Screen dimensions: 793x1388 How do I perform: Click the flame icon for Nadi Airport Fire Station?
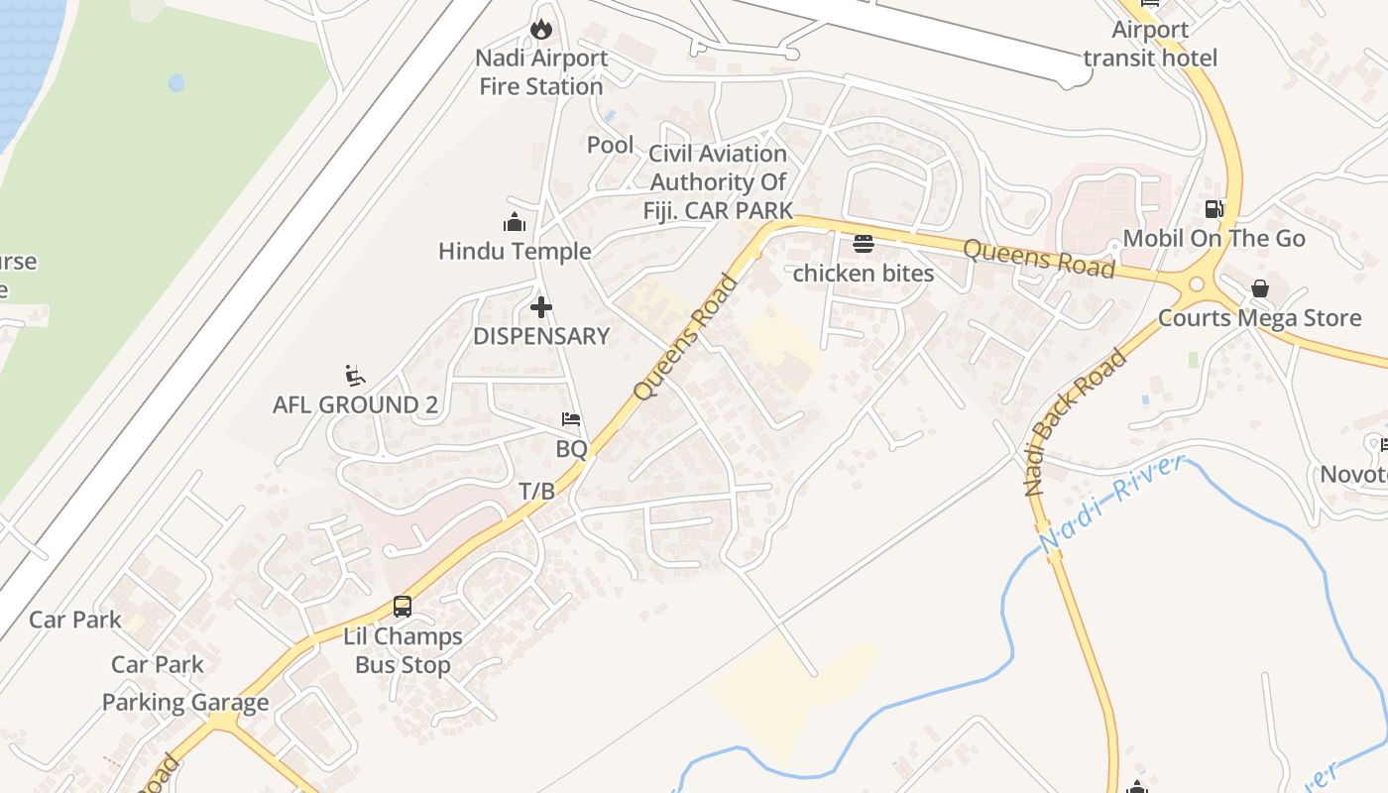tap(540, 29)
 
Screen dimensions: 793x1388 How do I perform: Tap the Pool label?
tap(610, 145)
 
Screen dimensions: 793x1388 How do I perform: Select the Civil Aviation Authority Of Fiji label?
tap(718, 181)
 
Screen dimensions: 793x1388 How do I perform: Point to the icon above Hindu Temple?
tap(514, 222)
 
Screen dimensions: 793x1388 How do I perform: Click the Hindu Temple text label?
tap(515, 252)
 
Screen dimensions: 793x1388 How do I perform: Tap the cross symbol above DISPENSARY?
tap(540, 306)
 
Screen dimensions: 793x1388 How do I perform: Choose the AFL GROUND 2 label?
tap(355, 404)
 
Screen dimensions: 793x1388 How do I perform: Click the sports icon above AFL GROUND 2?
tap(354, 375)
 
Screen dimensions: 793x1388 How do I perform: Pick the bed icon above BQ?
tap(571, 419)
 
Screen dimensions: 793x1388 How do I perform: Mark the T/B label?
tap(537, 491)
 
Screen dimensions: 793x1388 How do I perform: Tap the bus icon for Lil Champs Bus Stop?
tap(402, 606)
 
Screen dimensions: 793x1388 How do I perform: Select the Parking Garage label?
tap(185, 703)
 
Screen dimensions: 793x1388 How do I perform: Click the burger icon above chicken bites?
tap(863, 244)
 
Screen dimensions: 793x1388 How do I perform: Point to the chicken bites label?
tap(863, 274)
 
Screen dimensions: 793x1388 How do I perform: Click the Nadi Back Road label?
tap(1076, 421)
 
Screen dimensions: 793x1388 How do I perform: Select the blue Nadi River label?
tap(1112, 504)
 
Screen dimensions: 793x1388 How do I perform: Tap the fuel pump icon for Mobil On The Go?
tap(1214, 209)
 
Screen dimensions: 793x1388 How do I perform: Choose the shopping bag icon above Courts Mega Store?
tap(1259, 288)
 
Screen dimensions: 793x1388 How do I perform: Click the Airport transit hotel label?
tap(1150, 44)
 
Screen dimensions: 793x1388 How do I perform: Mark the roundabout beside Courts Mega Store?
tap(1196, 284)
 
